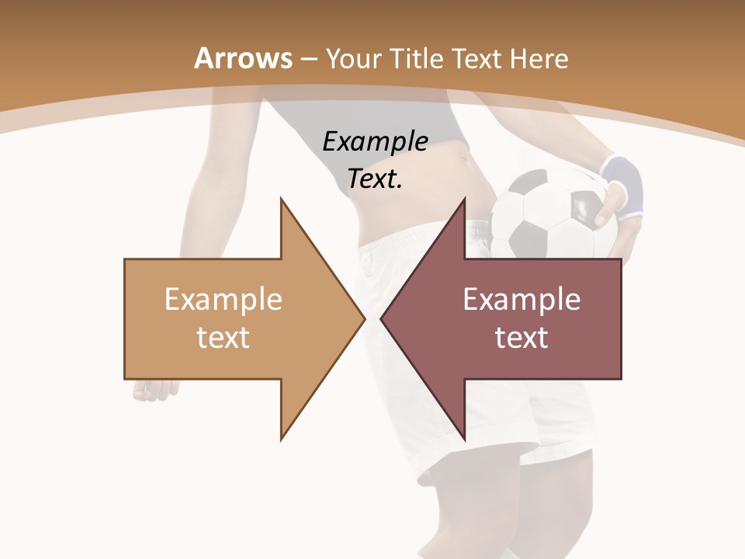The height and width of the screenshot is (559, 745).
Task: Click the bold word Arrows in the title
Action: (x=243, y=58)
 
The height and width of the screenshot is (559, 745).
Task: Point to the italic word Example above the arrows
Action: (x=375, y=142)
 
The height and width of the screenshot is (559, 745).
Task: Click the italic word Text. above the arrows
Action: (x=375, y=179)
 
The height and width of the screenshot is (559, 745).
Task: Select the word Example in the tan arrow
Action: (x=223, y=299)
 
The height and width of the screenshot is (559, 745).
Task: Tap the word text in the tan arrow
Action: (x=223, y=338)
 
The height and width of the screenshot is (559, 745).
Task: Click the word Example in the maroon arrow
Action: (x=521, y=299)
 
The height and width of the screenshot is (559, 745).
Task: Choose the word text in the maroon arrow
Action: (x=521, y=338)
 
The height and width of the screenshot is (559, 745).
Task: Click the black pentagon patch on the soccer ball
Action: (x=584, y=207)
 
